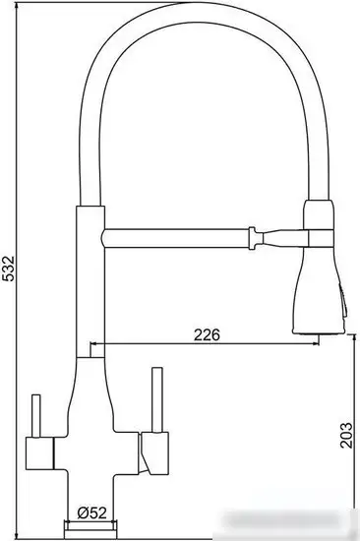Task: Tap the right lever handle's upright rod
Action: [x=154, y=398]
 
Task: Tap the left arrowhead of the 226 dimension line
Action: [x=95, y=345]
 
